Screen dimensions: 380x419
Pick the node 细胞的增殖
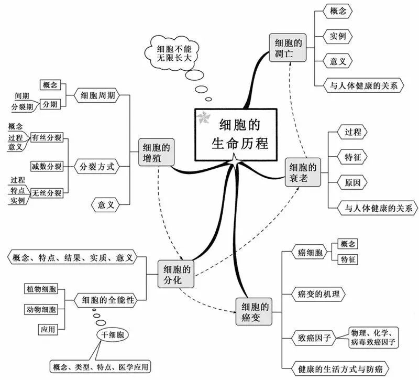pyautogui.click(x=156, y=153)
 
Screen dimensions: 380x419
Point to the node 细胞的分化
pyautogui.click(x=176, y=274)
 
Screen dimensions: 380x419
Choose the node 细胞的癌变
pyautogui.click(x=254, y=312)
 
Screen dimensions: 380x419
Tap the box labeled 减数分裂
pyautogui.click(x=47, y=167)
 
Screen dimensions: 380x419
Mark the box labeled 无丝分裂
pyautogui.click(x=47, y=193)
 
